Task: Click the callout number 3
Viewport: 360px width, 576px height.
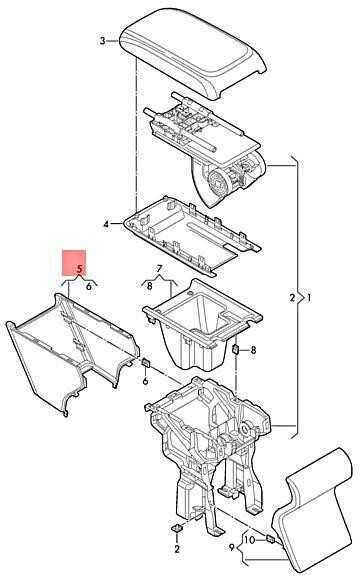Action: tap(102, 40)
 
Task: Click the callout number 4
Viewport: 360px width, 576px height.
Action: tap(106, 224)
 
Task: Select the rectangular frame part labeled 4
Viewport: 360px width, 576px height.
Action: tap(192, 234)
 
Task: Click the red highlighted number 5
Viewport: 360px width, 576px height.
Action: tap(80, 269)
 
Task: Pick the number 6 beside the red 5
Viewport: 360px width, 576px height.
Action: tap(89, 286)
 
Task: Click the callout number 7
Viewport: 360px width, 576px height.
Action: tap(159, 269)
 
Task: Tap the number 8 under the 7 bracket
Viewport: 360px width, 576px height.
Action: tap(149, 286)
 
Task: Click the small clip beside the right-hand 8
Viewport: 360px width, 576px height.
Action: tap(236, 349)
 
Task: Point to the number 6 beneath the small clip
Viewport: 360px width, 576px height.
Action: tap(145, 381)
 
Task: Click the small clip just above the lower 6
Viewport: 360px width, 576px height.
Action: tap(146, 362)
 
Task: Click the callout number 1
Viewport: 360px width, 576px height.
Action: tap(309, 297)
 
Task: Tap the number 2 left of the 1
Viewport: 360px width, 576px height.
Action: tap(292, 297)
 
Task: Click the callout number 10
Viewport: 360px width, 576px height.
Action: tap(249, 540)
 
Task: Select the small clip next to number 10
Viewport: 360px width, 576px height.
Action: tap(270, 539)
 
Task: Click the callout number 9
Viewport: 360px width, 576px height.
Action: tap(232, 548)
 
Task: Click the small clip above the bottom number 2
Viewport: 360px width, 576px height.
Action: tap(177, 528)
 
